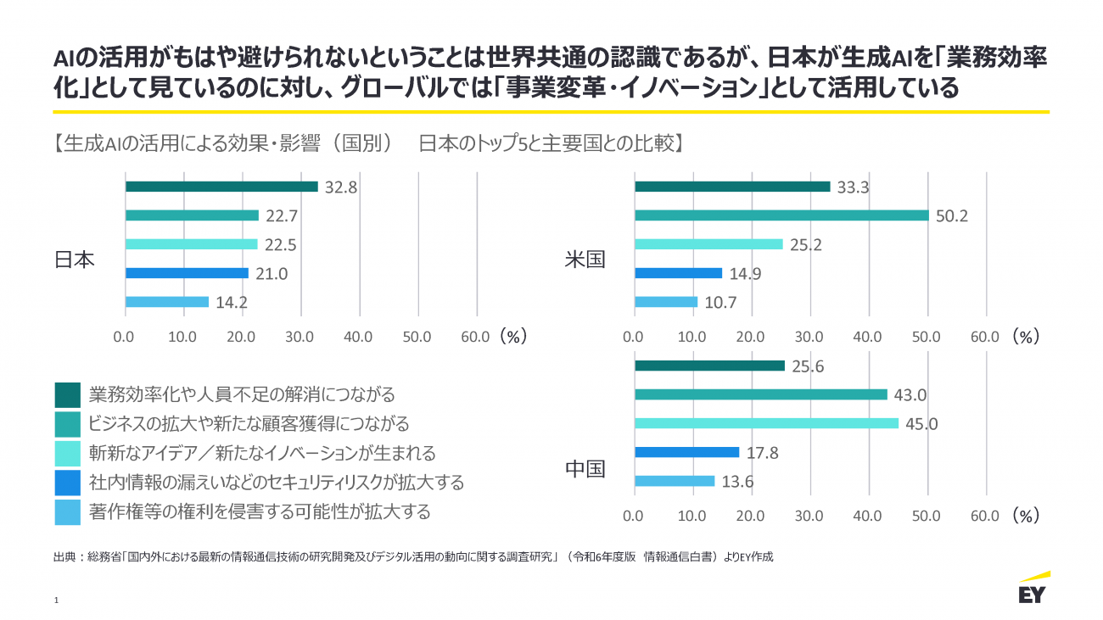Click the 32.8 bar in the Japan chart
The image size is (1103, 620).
pyautogui.click(x=221, y=187)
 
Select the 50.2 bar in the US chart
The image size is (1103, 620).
pyautogui.click(x=781, y=215)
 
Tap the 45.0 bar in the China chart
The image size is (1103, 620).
pyautogui.click(x=765, y=423)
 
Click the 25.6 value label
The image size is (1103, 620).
pyautogui.click(x=808, y=366)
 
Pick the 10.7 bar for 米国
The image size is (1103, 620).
pyautogui.click(x=666, y=302)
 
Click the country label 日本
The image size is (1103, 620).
pyautogui.click(x=75, y=260)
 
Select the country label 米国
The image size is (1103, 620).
pyautogui.click(x=585, y=260)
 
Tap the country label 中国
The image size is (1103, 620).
pyautogui.click(x=585, y=468)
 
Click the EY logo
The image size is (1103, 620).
pyautogui.click(x=1033, y=589)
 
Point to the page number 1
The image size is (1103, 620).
pyautogui.click(x=56, y=600)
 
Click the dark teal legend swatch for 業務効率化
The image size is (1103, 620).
pyautogui.click(x=67, y=395)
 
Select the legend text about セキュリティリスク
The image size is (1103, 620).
pyautogui.click(x=277, y=483)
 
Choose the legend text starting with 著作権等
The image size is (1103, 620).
pyautogui.click(x=260, y=511)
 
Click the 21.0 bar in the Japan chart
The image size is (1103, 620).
pyautogui.click(x=187, y=273)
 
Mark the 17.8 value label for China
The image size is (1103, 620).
pyautogui.click(x=763, y=453)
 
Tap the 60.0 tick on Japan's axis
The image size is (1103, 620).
pyautogui.click(x=475, y=337)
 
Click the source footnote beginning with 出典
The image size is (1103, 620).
pyautogui.click(x=412, y=557)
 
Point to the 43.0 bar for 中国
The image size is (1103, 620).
pyautogui.click(x=760, y=394)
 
